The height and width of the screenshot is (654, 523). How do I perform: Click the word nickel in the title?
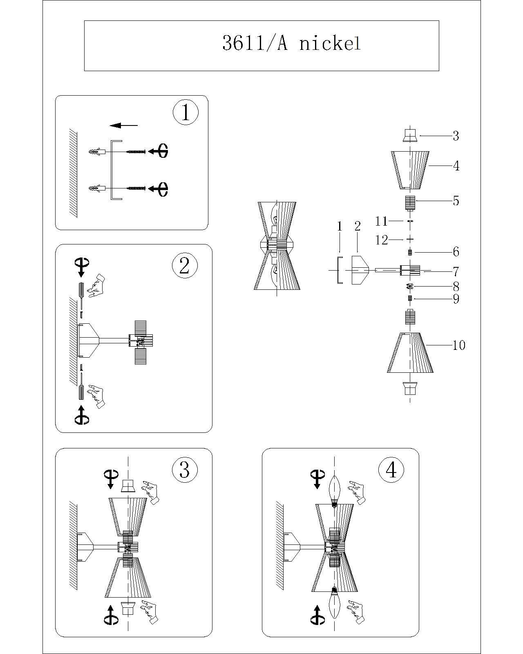click(x=330, y=43)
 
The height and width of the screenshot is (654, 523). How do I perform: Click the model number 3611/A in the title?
click(x=255, y=43)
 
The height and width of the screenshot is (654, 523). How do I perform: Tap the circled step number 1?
click(x=186, y=112)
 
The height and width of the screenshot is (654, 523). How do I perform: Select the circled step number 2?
click(x=185, y=266)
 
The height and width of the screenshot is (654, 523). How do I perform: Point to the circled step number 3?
click(x=185, y=470)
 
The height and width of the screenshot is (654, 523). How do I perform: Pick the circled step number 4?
click(x=391, y=470)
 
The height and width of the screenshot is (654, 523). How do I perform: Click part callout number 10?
click(x=459, y=345)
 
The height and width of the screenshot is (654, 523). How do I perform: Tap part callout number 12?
click(x=382, y=240)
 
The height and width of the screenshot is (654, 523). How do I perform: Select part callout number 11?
click(x=381, y=221)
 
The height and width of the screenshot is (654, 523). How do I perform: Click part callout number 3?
click(x=456, y=136)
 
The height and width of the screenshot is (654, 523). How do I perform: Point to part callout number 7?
click(x=456, y=271)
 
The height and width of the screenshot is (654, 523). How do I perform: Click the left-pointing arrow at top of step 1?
click(x=124, y=125)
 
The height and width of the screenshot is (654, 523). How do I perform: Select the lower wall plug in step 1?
click(x=97, y=188)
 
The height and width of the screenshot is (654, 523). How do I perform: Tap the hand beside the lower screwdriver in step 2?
click(x=96, y=395)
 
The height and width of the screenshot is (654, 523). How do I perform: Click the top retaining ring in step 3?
click(x=129, y=486)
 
